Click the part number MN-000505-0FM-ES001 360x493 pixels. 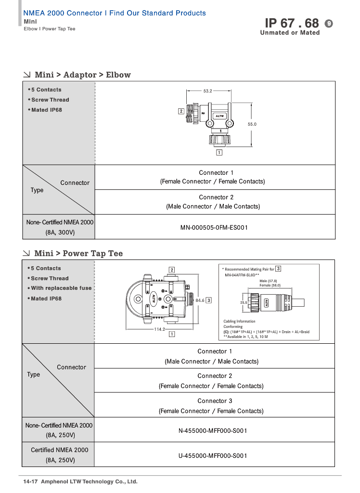point(214,227)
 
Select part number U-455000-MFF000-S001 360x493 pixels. point(213,455)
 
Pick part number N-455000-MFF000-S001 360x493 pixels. point(213,430)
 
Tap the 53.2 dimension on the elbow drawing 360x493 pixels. point(207,91)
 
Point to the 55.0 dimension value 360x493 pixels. point(252,124)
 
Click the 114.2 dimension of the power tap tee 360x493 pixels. point(159,329)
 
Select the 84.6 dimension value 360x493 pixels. point(200,300)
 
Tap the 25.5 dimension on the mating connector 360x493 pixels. point(243,303)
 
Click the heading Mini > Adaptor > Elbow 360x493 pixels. point(82,75)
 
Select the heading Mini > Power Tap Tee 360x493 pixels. point(78,254)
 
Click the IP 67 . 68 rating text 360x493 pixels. point(292,23)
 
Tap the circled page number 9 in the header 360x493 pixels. point(329,23)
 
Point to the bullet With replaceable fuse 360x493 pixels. point(61,288)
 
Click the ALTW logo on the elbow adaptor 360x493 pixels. point(220,116)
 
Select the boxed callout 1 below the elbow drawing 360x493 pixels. point(219,153)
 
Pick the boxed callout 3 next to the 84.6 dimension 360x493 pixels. point(209,300)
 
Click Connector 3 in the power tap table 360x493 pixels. point(215,401)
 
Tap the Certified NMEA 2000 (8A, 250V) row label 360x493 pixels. point(60,455)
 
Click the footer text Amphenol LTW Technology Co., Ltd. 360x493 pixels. point(89,481)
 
